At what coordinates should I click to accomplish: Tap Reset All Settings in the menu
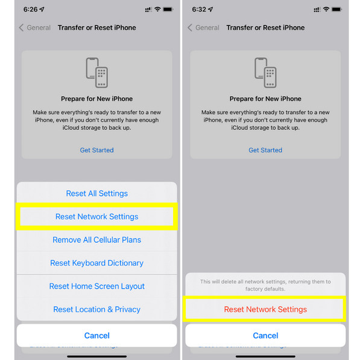[97, 193]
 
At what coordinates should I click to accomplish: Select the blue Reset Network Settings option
[97, 216]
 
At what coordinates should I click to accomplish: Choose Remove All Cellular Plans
[97, 240]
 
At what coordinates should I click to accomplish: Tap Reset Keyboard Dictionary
[97, 263]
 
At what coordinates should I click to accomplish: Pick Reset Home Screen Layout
[97, 286]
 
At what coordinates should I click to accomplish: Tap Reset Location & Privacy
[97, 309]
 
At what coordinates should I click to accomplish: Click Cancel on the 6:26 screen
[97, 335]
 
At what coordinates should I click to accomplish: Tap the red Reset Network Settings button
[265, 309]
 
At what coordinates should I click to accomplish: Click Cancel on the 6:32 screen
[265, 335]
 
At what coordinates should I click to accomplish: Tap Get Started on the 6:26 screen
[97, 150]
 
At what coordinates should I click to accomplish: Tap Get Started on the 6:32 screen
[265, 150]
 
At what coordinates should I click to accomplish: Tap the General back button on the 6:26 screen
[34, 28]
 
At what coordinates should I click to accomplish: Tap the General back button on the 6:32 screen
[203, 28]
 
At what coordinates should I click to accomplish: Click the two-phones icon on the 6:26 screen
[97, 72]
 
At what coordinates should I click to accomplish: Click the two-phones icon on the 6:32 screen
[265, 72]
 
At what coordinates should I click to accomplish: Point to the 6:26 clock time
[31, 9]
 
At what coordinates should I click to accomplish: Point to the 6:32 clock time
[199, 9]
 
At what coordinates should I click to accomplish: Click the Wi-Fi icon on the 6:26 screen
[157, 9]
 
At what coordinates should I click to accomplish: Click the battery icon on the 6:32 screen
[337, 9]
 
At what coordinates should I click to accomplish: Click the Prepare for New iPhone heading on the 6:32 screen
[265, 98]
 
